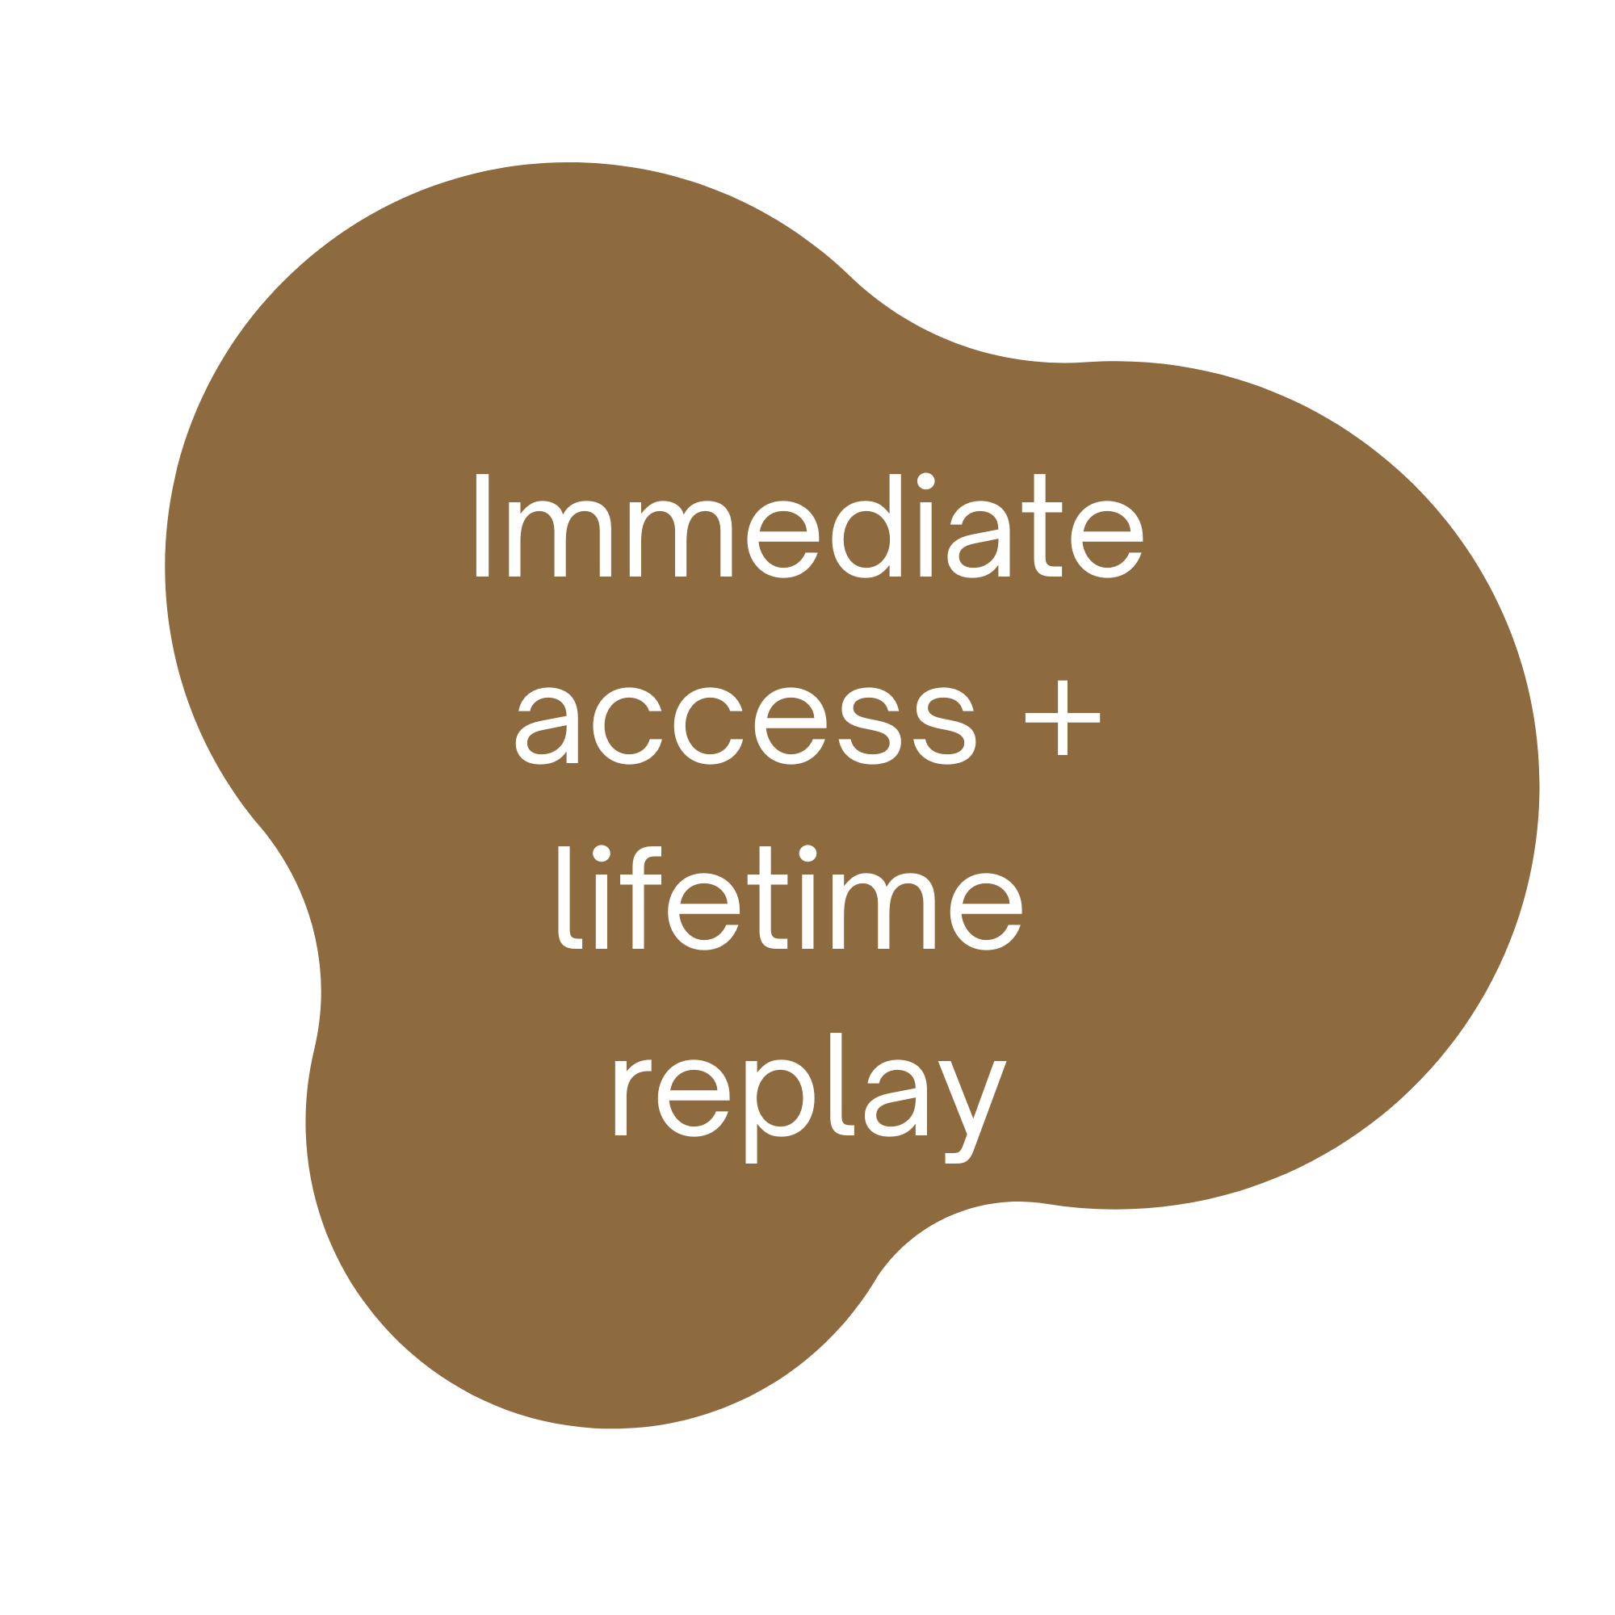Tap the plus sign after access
1063,717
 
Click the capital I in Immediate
481,526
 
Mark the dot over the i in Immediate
925,481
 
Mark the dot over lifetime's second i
807,854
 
